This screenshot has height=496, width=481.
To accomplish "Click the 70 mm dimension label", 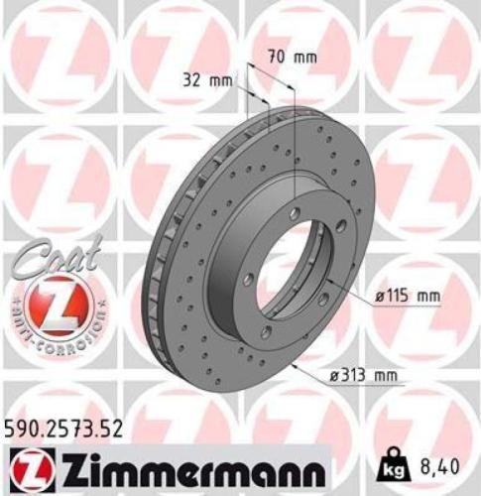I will click(x=294, y=57).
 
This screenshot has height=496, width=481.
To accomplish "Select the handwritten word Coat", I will click(x=46, y=260).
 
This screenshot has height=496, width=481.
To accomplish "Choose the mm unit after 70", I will click(x=307, y=57).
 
